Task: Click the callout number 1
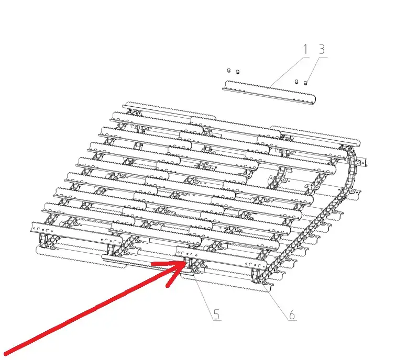pos(305,50)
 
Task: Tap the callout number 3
pos(322,50)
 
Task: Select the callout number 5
pos(216,314)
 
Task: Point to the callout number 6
pos(292,314)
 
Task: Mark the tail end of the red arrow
pos(6,354)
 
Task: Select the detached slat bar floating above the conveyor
pos(269,93)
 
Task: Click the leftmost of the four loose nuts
pos(228,71)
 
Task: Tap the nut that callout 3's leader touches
pos(305,83)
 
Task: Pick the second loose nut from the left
pos(238,72)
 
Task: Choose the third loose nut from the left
pos(296,82)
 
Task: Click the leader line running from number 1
pos(289,71)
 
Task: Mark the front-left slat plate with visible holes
pos(76,232)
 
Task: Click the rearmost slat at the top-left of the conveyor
pos(169,110)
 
